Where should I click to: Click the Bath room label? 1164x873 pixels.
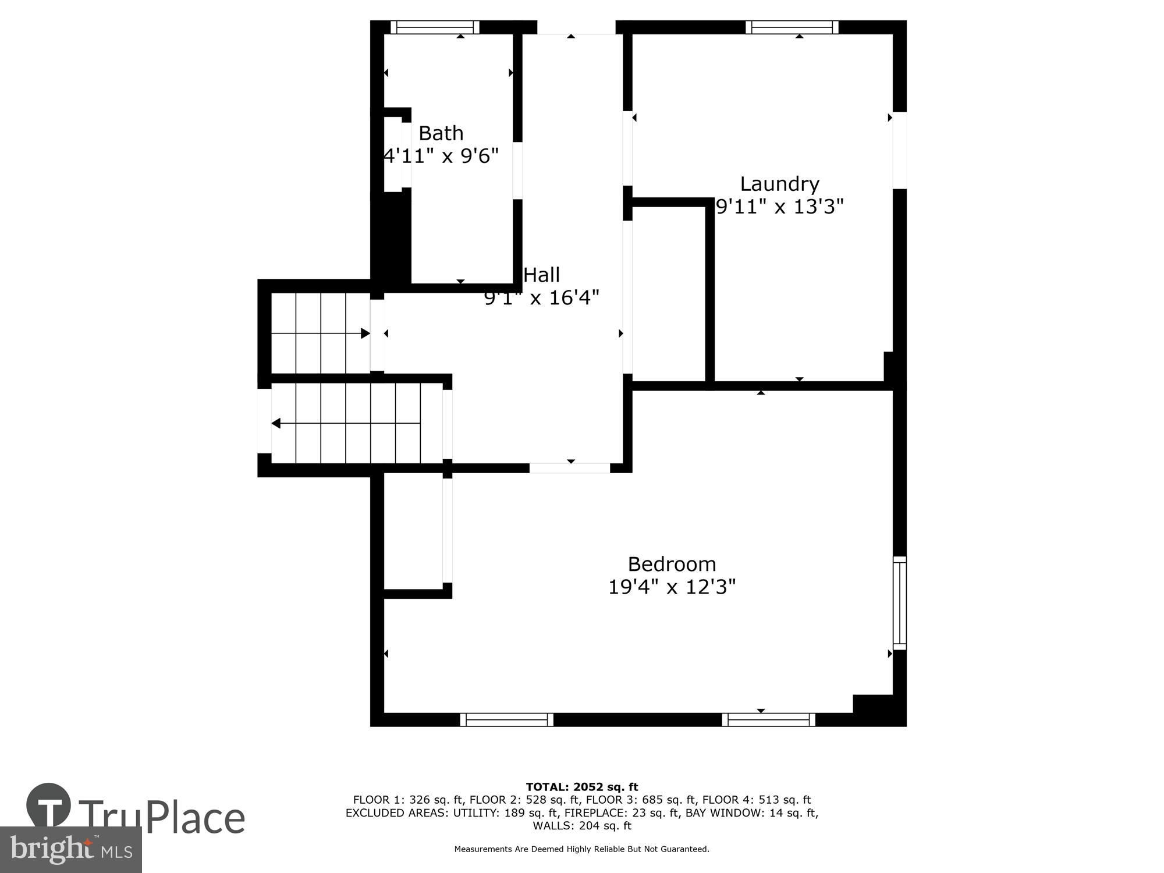pyautogui.click(x=441, y=133)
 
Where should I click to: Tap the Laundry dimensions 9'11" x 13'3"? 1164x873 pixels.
pyautogui.click(x=779, y=206)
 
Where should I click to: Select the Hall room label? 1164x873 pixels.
pyautogui.click(x=541, y=275)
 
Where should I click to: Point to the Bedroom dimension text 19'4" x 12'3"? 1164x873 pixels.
pyautogui.click(x=672, y=587)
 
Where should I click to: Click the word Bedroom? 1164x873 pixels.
pyautogui.click(x=672, y=564)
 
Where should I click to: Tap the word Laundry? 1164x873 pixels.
pyautogui.click(x=779, y=184)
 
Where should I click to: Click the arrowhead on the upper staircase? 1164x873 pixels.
pyautogui.click(x=365, y=333)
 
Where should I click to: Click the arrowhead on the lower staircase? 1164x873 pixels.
pyautogui.click(x=276, y=423)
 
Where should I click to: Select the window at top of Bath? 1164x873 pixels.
pyautogui.click(x=435, y=27)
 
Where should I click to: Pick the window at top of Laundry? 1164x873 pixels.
pyautogui.click(x=792, y=27)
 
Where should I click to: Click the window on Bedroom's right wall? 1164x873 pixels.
pyautogui.click(x=899, y=603)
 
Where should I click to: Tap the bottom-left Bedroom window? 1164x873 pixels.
pyautogui.click(x=506, y=720)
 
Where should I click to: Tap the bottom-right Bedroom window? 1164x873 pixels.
pyautogui.click(x=768, y=720)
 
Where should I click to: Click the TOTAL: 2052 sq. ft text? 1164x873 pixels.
pyautogui.click(x=581, y=787)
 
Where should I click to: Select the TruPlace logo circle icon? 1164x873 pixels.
pyautogui.click(x=49, y=805)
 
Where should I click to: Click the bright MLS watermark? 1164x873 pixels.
pyautogui.click(x=70, y=849)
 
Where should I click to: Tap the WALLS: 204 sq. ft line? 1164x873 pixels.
pyautogui.click(x=581, y=826)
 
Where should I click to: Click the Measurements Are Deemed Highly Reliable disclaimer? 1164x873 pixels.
pyautogui.click(x=581, y=849)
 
